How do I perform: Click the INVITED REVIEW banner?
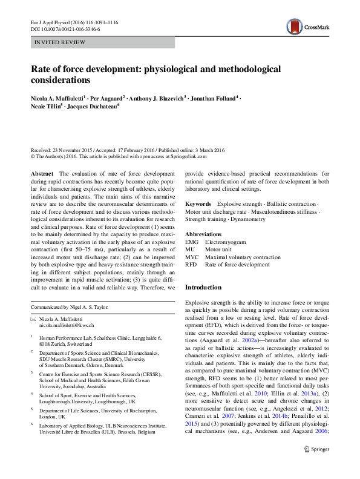coord(102,42)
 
